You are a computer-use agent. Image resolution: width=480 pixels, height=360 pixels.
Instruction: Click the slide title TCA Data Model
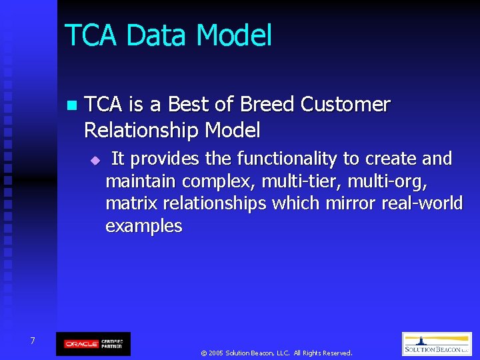click(x=168, y=35)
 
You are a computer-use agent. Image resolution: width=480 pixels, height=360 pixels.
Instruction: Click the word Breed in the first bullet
click(x=267, y=105)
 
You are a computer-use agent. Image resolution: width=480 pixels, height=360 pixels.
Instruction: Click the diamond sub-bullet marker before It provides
click(x=95, y=160)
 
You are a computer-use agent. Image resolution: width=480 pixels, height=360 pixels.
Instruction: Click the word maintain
click(x=141, y=181)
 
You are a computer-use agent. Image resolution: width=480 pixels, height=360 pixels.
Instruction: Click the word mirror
click(x=350, y=203)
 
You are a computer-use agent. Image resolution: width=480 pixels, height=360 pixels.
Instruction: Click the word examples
click(x=143, y=227)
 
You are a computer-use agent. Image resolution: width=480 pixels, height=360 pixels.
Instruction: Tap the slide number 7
click(x=32, y=341)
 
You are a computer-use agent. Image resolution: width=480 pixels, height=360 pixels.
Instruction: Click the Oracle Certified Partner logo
click(x=93, y=344)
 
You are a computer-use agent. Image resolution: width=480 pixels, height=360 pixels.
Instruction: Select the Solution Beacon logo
click(x=437, y=344)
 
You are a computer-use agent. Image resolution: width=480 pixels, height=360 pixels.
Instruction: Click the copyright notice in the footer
click(x=276, y=353)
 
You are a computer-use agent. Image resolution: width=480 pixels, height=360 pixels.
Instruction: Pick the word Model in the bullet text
click(x=233, y=129)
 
